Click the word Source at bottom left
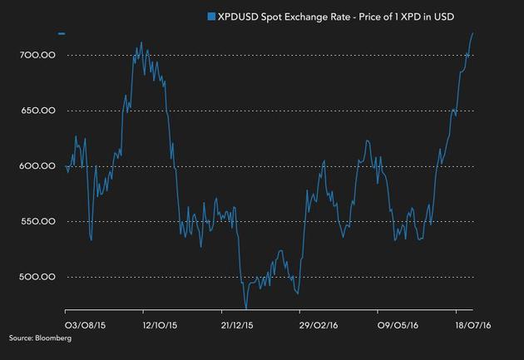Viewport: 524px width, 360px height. pyautogui.click(x=20, y=338)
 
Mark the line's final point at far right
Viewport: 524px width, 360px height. pyautogui.click(x=473, y=33)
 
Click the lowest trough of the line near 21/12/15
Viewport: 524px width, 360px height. pyautogui.click(x=246, y=308)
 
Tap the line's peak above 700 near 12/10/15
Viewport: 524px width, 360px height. pyautogui.click(x=141, y=43)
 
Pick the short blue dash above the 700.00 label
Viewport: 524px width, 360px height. pyautogui.click(x=62, y=34)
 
